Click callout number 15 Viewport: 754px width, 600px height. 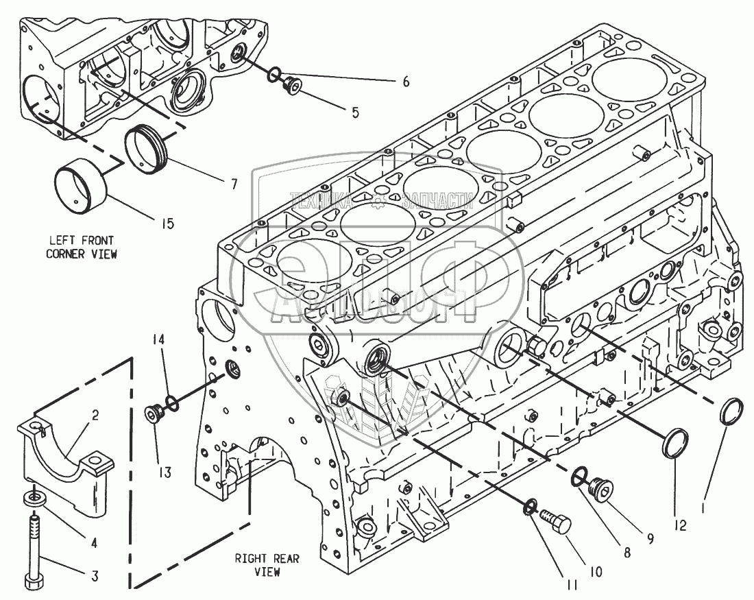click(167, 223)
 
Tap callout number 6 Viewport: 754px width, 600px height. click(405, 82)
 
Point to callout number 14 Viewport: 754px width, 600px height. click(160, 339)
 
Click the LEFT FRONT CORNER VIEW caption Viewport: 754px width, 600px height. click(81, 247)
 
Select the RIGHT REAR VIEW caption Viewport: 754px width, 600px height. click(267, 565)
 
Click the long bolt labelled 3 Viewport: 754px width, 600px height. click(36, 549)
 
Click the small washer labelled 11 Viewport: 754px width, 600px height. click(529, 508)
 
